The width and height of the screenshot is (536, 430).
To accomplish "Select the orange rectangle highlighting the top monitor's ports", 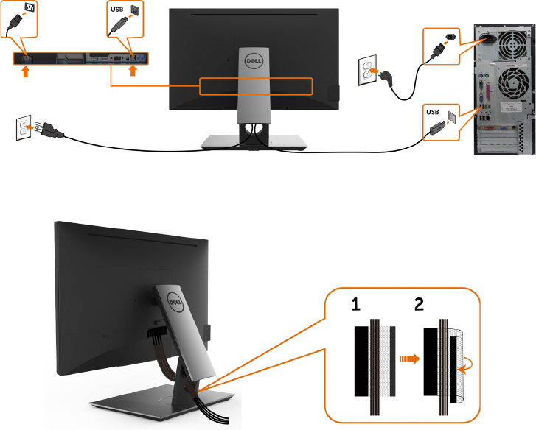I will tap(257, 86).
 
